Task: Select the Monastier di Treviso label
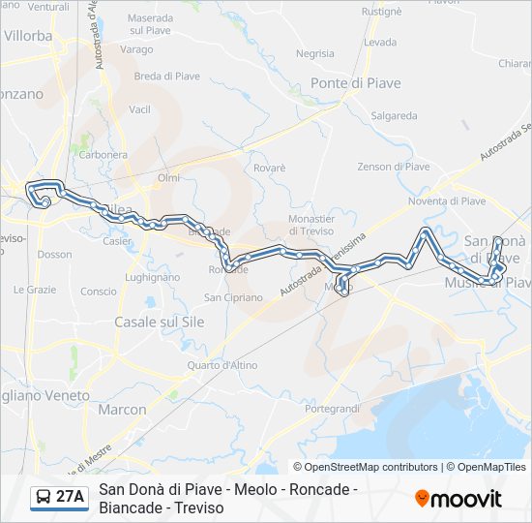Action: coord(311,226)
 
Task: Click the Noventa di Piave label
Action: coord(447,201)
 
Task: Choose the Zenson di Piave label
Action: coord(394,167)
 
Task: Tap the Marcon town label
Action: coord(123,410)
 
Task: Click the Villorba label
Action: coord(28,35)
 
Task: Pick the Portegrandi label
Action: coord(332,409)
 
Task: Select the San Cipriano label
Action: coord(233,297)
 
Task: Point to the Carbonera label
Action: coord(104,154)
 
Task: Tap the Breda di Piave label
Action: coord(162,77)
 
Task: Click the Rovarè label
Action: coord(270,168)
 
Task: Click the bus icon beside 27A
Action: coord(44,498)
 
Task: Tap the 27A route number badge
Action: coord(70,498)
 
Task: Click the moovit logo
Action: coord(458,499)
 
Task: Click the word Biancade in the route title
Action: coord(130,508)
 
